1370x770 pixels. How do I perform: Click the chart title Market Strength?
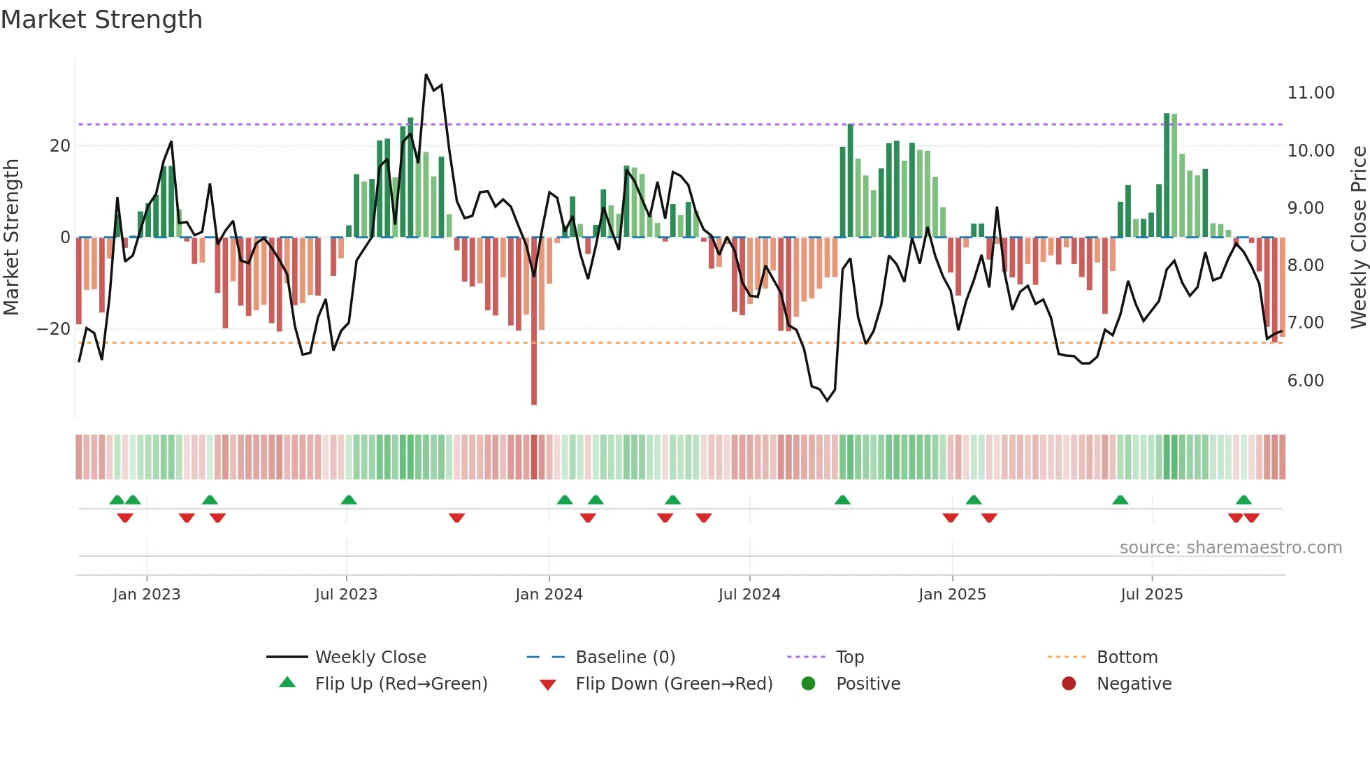coord(101,20)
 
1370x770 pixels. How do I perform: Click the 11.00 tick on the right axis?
coord(1311,93)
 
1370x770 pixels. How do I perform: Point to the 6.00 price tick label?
coord(1305,381)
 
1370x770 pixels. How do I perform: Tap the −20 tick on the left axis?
coord(54,329)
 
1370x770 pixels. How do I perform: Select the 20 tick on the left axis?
coord(60,146)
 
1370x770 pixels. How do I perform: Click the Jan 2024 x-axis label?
coord(549,595)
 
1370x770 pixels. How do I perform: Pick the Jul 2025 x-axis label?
coord(1151,595)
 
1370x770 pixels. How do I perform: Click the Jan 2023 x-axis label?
coord(147,595)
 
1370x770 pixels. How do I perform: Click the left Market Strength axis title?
coord(12,238)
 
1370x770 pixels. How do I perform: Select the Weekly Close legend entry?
coord(370,658)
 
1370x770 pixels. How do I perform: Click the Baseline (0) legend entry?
coord(625,658)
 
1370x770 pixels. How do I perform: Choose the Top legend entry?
coord(850,658)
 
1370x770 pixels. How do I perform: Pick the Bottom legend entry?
coord(1127,658)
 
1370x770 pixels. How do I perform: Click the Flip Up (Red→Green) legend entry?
coord(401,684)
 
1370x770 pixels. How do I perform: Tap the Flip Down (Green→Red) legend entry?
coord(674,684)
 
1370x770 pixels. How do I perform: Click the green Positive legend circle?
coord(809,684)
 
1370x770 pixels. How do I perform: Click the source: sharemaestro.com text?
coord(1230,548)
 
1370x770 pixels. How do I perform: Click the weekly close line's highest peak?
coord(426,75)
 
